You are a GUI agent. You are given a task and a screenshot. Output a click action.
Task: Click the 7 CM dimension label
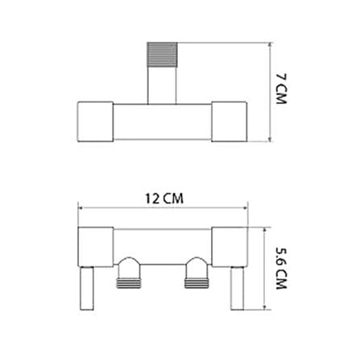click(x=281, y=89)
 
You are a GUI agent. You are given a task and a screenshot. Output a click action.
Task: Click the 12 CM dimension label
click(x=164, y=199)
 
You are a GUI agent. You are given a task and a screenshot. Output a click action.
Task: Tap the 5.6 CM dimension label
click(x=281, y=268)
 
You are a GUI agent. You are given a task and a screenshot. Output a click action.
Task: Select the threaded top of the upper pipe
click(x=162, y=55)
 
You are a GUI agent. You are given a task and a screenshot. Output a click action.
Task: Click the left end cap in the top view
click(x=95, y=122)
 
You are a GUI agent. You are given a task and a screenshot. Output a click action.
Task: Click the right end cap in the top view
click(x=230, y=122)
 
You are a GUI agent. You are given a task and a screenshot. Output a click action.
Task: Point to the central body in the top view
click(x=162, y=122)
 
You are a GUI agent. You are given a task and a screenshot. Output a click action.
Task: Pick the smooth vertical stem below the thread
click(x=162, y=85)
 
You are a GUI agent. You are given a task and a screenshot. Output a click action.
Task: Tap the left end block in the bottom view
click(x=95, y=247)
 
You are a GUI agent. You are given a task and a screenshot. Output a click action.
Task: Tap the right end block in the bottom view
click(x=230, y=247)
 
